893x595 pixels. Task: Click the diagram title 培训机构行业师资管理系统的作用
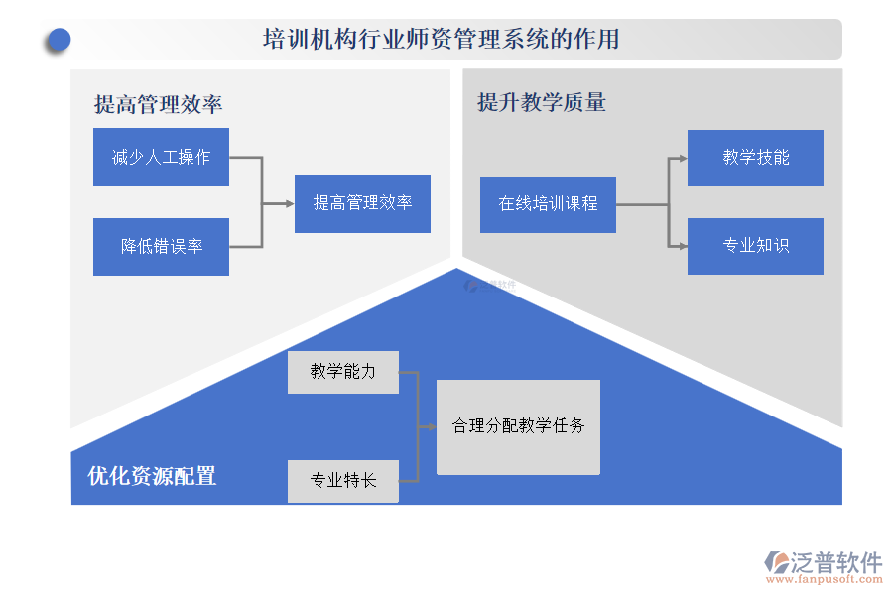pos(442,40)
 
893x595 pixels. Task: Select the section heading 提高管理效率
pos(158,104)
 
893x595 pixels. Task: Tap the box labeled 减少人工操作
pos(161,157)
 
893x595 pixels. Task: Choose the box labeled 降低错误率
pos(161,246)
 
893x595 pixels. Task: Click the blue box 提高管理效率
pos(362,203)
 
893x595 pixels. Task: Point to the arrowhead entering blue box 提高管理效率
pos(290,203)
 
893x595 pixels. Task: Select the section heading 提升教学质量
pos(541,102)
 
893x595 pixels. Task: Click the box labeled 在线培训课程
pos(548,204)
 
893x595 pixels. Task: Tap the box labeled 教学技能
pos(755,158)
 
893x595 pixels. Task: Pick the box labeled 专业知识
pos(755,246)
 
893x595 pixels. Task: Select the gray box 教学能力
pos(343,372)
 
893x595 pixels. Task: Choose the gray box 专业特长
pos(343,481)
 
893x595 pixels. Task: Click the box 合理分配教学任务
pos(518,426)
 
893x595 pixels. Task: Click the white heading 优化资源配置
pos(152,476)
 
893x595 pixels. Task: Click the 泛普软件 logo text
pos(835,562)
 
